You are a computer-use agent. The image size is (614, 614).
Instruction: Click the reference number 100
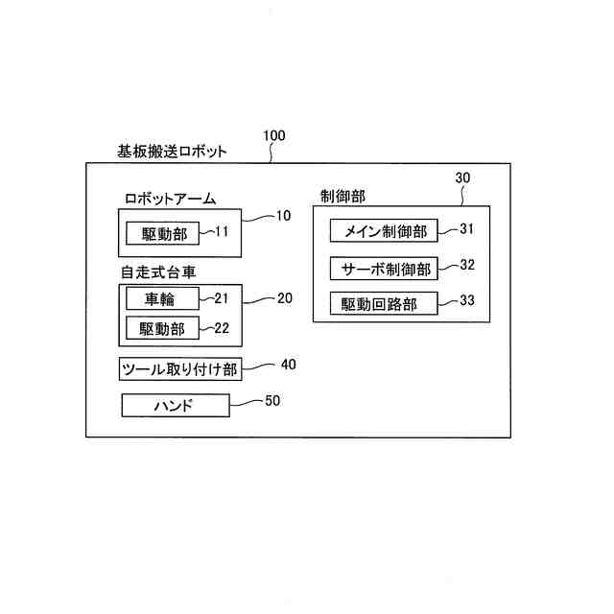tap(273, 136)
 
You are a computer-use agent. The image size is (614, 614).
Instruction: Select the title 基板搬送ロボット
tap(172, 151)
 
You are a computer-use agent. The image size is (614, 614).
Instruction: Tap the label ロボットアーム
tap(170, 199)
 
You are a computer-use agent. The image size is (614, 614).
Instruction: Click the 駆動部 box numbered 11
tap(164, 233)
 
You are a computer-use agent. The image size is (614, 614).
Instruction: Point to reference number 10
tap(282, 216)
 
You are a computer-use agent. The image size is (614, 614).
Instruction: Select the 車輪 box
tap(162, 298)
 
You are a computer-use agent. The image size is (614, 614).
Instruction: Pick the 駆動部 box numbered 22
tap(162, 329)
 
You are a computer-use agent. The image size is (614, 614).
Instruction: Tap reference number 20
tap(284, 298)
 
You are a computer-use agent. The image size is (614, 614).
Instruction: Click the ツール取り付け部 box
tap(178, 369)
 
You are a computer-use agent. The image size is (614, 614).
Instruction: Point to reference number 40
tap(289, 365)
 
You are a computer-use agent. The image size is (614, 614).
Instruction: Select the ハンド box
tap(176, 406)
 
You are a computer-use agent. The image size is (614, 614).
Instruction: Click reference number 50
tap(272, 401)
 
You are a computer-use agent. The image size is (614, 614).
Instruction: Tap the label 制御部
tap(342, 195)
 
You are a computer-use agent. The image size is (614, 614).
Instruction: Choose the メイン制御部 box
tap(384, 231)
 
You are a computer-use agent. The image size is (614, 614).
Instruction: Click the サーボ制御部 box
tap(384, 268)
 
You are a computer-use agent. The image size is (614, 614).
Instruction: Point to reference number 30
tap(462, 178)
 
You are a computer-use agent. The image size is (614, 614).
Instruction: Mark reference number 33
tap(467, 300)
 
